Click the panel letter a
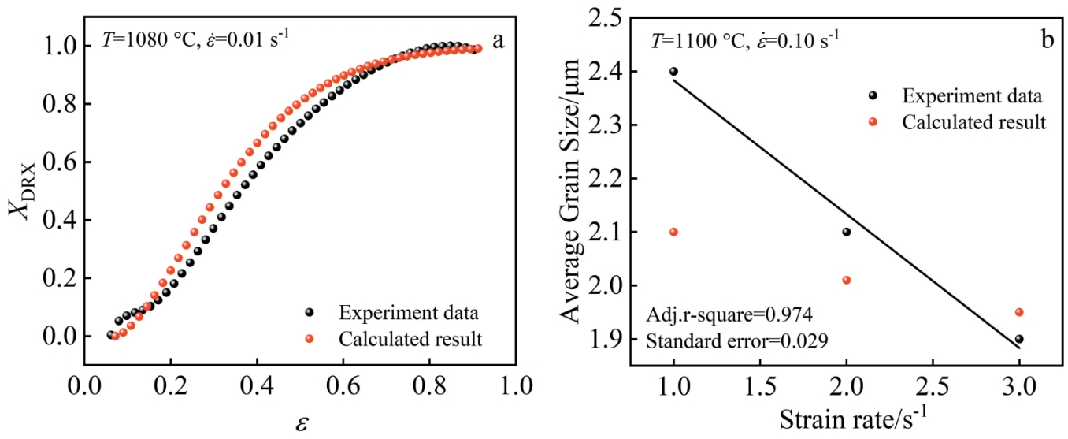[498, 40]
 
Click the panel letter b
[1048, 40]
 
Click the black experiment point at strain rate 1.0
[673, 71]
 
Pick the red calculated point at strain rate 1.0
[673, 232]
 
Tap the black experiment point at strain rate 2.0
[846, 232]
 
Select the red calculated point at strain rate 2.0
[846, 280]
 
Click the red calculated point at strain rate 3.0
[1019, 312]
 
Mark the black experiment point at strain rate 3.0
[1019, 339]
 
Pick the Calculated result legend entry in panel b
[973, 122]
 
